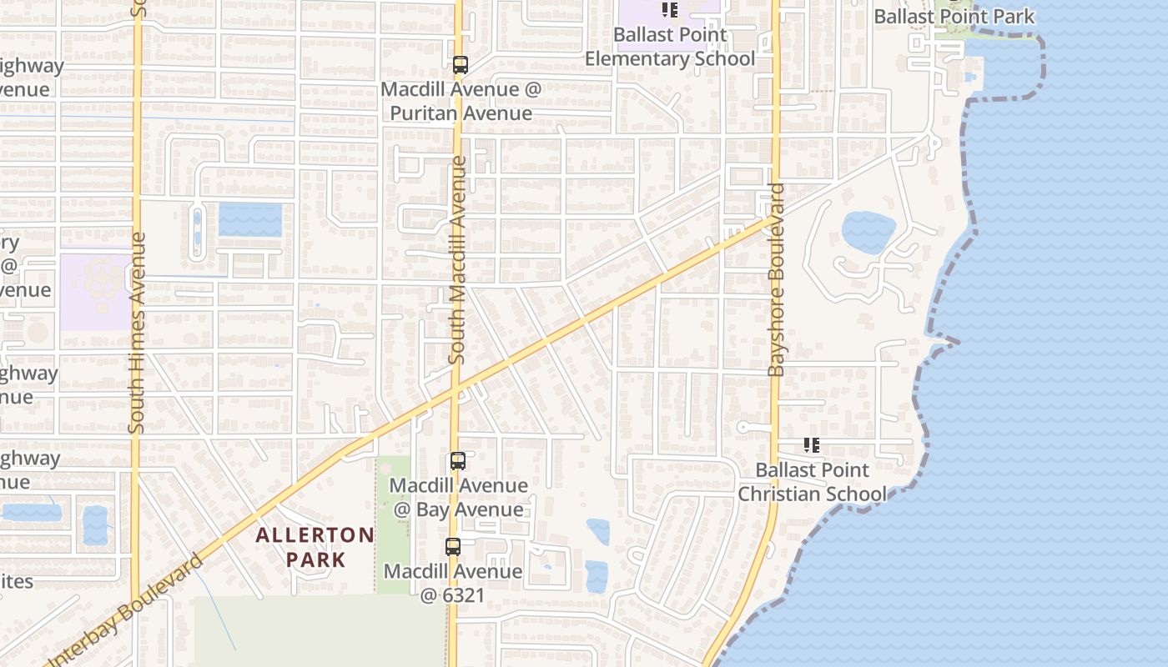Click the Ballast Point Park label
click(954, 16)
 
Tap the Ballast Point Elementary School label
click(670, 47)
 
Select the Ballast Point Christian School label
click(812, 482)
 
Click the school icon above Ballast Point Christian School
click(811, 445)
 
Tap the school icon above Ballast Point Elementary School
click(669, 10)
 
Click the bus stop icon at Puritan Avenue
click(460, 64)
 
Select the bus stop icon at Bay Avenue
click(457, 460)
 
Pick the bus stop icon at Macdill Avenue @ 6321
click(452, 547)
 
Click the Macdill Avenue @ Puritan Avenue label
click(461, 101)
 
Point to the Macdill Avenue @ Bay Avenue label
click(458, 497)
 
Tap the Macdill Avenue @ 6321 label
click(452, 583)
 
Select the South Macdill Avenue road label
click(456, 260)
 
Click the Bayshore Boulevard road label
click(776, 279)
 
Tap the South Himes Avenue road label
click(138, 333)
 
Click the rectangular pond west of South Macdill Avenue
click(250, 219)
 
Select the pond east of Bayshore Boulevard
click(868, 231)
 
